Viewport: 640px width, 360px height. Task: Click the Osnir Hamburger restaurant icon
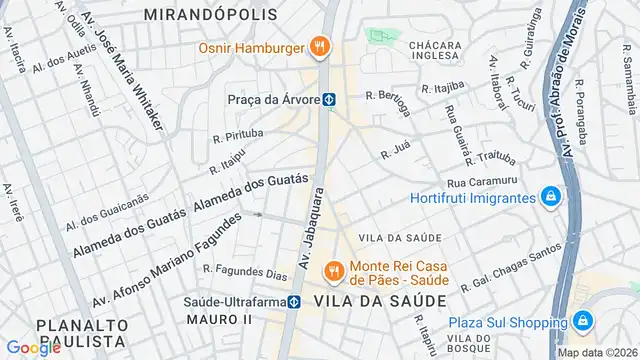coord(320,45)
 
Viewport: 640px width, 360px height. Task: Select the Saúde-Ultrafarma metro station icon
coord(295,301)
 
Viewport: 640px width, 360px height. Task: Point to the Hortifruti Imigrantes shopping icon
coord(549,196)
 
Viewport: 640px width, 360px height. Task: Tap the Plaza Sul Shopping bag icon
coord(583,321)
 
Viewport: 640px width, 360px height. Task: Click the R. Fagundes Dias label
coord(245,269)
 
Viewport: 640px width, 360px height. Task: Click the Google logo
coord(33,347)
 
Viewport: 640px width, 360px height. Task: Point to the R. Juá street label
coord(396,153)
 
